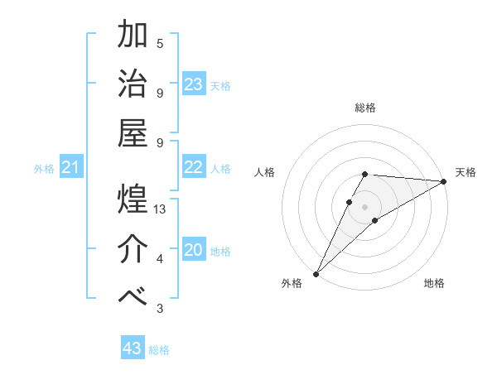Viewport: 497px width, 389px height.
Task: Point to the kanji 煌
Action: point(133,199)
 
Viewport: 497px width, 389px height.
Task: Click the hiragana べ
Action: point(133,297)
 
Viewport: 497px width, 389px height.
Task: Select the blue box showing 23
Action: point(193,84)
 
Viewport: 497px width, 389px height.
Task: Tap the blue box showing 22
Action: point(193,167)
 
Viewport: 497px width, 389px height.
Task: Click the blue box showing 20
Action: point(193,250)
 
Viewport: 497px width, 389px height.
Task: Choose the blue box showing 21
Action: point(71,168)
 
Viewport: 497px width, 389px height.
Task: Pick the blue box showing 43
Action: point(133,348)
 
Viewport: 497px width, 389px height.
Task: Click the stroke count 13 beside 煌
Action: point(161,209)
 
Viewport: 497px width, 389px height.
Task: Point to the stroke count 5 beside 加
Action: point(160,43)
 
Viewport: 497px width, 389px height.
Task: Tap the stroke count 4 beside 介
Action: point(160,259)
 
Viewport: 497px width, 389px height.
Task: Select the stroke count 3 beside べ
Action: point(160,309)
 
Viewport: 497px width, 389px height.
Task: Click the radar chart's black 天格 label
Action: point(466,172)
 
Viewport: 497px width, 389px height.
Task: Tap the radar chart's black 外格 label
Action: point(292,284)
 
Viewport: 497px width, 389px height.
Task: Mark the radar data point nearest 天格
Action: point(444,182)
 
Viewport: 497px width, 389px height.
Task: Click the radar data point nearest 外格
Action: point(316,273)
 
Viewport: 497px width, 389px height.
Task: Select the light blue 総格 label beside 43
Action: point(159,350)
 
